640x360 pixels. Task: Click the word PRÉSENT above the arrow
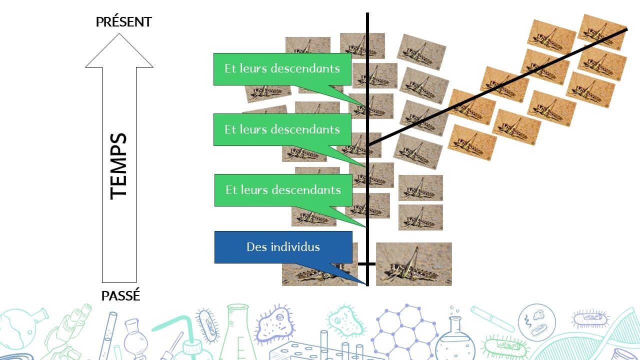click(123, 22)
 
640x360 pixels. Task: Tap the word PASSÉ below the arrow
click(120, 296)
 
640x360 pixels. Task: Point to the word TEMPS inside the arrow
click(119, 166)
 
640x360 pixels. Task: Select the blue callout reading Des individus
click(283, 247)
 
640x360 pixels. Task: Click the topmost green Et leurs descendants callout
click(282, 69)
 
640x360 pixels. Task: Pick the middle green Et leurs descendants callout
click(282, 129)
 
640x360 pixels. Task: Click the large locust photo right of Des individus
click(413, 264)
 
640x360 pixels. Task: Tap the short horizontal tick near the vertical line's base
click(366, 263)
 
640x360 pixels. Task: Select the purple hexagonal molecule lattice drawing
click(400, 330)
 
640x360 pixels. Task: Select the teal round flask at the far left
click(17, 327)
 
